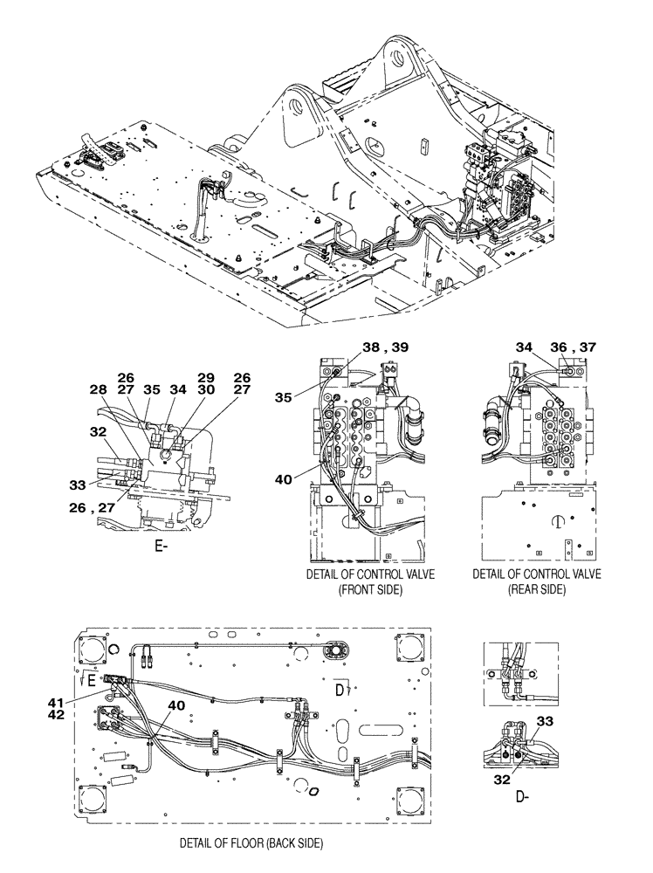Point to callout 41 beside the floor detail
tap(57, 701)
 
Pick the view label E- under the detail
tap(161, 547)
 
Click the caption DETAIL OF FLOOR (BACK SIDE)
tap(251, 843)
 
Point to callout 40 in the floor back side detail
tap(175, 706)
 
